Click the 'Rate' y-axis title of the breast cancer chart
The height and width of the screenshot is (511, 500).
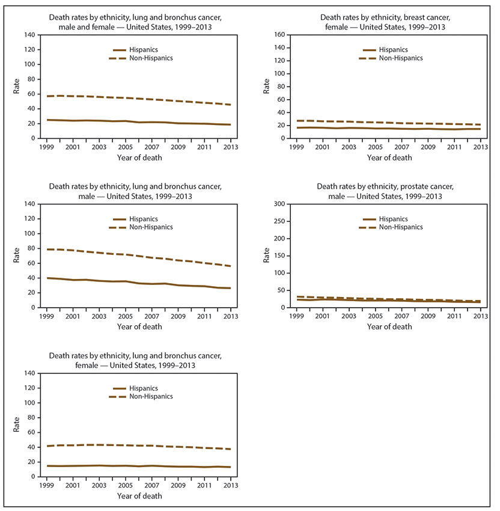pos(267,87)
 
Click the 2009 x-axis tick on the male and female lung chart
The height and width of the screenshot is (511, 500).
pos(177,147)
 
